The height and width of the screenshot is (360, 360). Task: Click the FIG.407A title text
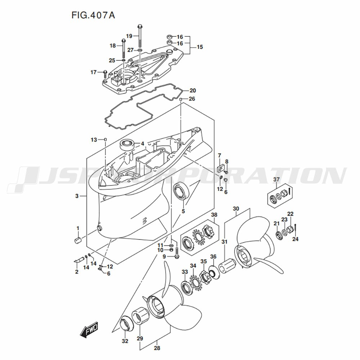point(90,16)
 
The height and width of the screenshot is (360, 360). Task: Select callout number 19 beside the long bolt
point(129,36)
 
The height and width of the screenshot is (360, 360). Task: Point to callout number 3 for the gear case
point(77,196)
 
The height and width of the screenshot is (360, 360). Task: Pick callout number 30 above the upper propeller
point(236,208)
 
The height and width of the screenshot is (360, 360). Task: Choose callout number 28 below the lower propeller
point(157,348)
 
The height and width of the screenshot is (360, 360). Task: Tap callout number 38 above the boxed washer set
point(214,215)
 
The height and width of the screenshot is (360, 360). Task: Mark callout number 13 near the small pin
point(94,139)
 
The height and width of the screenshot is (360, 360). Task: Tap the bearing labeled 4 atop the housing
point(127,145)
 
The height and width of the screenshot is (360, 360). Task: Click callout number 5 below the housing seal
point(183,211)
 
